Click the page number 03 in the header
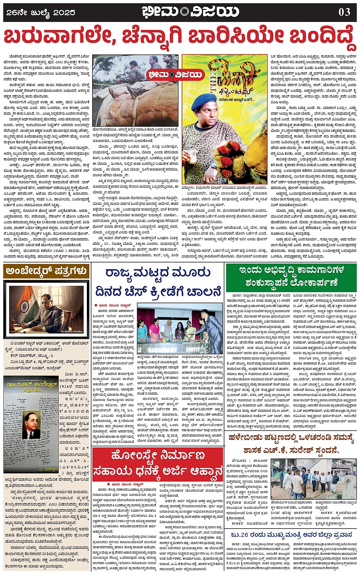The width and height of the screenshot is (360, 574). [x=344, y=12]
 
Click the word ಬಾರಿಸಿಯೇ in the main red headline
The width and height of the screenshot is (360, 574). [x=230, y=37]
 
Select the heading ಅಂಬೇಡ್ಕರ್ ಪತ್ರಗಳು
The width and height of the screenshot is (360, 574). [x=46, y=271]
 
